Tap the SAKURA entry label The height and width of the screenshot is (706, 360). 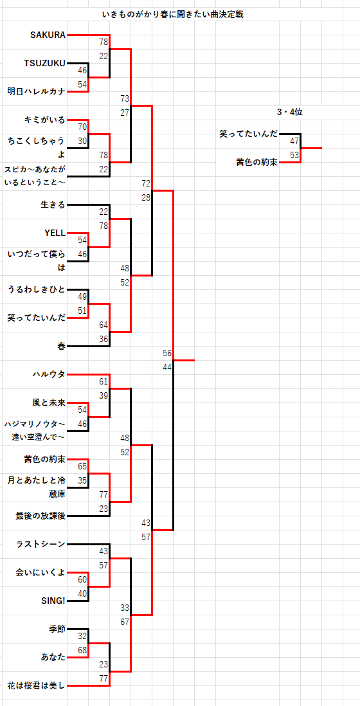(x=48, y=35)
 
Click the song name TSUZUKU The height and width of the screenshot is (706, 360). (x=44, y=63)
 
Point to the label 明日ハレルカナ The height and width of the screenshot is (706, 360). (x=37, y=91)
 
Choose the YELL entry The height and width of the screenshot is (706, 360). (x=55, y=233)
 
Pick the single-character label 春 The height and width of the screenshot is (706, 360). (x=62, y=346)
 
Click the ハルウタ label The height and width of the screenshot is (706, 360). (x=49, y=374)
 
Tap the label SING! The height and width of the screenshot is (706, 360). (x=53, y=601)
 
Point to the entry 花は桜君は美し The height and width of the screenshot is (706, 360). (x=37, y=685)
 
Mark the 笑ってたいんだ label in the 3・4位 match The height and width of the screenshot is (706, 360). (x=249, y=134)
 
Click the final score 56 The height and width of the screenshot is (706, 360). (x=167, y=353)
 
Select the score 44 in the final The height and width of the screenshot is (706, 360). (x=167, y=367)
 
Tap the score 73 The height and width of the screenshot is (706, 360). (x=125, y=98)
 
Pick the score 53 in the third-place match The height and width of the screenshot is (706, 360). (x=294, y=155)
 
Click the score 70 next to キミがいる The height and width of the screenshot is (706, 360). (x=82, y=127)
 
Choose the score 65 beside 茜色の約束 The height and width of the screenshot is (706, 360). (x=82, y=466)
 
